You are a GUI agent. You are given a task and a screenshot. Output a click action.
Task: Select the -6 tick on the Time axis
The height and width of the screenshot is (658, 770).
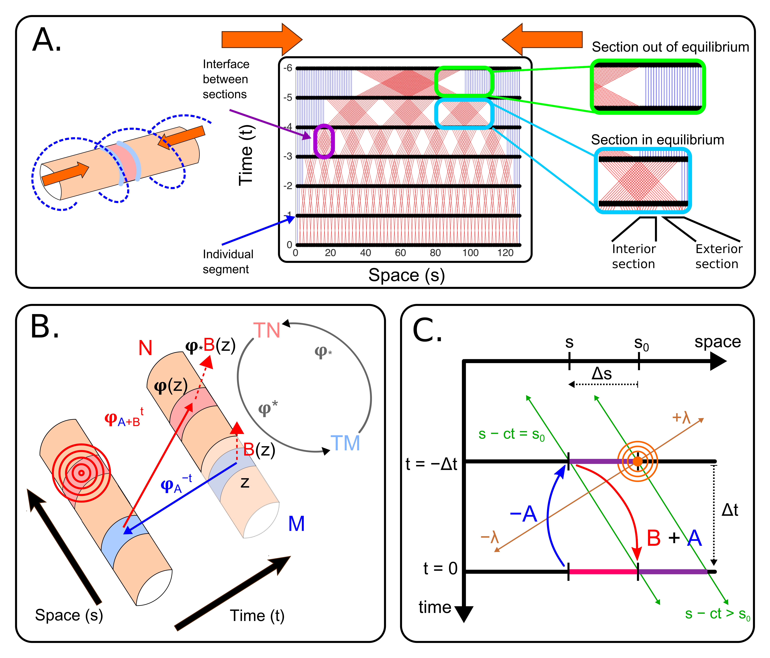[288, 68]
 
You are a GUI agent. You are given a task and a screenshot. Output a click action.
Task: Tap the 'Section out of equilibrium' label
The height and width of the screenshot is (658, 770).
[670, 47]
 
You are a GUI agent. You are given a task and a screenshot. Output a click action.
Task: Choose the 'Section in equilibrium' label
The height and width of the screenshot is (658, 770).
[657, 140]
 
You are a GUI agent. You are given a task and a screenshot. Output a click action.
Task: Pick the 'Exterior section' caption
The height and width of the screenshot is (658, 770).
[718, 256]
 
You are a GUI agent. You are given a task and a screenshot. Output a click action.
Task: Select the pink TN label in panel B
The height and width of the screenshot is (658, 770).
[266, 330]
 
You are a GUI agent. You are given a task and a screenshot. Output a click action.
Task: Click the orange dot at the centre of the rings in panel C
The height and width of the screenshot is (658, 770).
[637, 461]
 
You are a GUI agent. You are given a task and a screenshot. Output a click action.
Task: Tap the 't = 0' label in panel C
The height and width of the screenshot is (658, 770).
[440, 568]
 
